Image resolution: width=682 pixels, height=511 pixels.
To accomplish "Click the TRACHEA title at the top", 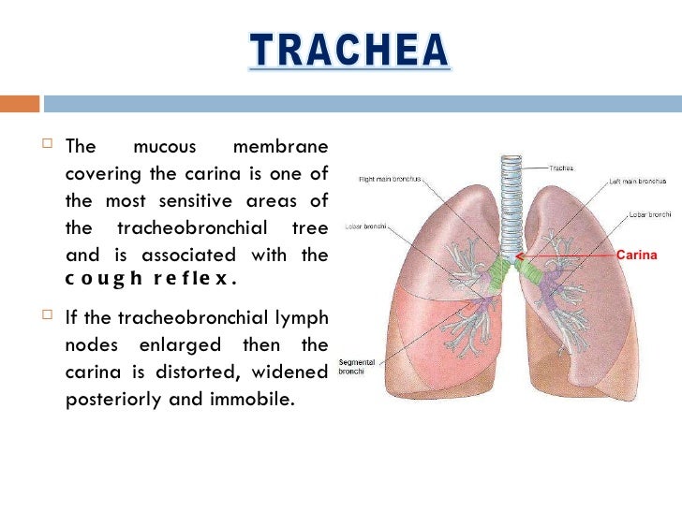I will [348, 52].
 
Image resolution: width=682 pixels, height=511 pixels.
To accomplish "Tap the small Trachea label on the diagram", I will [561, 168].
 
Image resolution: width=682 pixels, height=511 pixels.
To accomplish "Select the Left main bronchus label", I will [638, 181].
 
